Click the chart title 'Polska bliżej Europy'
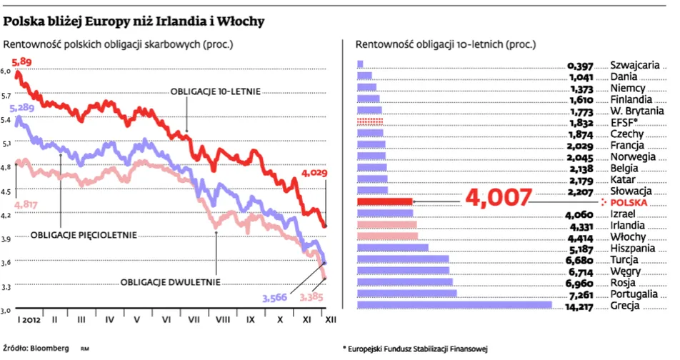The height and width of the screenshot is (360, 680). [135, 21]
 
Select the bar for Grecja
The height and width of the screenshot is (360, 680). [454, 305]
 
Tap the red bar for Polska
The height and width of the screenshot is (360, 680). [384, 202]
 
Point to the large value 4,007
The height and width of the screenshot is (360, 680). [499, 198]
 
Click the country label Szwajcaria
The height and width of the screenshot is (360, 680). [634, 64]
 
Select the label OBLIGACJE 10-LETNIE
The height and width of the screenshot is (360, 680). [215, 91]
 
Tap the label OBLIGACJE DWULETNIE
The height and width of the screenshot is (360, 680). [170, 281]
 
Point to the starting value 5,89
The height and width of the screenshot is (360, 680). [22, 62]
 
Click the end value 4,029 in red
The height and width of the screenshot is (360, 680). [314, 173]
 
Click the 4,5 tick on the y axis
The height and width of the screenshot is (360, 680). [7, 191]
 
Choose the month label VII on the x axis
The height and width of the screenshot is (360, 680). [193, 321]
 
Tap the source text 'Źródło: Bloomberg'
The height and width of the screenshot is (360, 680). [36, 348]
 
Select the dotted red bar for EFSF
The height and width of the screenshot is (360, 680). [369, 123]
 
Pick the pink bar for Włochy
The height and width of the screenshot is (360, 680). [386, 236]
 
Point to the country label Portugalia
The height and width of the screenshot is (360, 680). [634, 294]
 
